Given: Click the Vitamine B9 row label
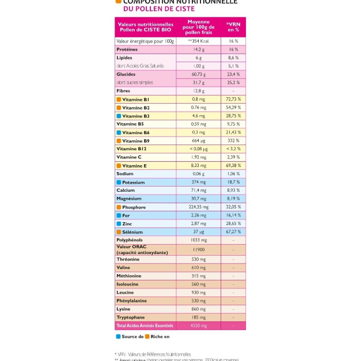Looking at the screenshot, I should point(135,140).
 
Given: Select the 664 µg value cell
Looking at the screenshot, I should point(199,140).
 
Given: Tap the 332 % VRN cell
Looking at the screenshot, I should point(233,140).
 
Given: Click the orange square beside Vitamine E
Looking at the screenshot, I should point(119,166).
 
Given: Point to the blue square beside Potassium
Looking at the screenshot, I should point(119,183).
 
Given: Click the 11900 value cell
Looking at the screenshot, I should point(199,250).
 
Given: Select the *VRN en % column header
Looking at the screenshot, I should point(233,27).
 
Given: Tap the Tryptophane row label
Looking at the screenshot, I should point(131,317).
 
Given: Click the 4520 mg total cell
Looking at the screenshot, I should point(199,326).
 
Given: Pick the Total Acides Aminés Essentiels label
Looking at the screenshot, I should point(144,326).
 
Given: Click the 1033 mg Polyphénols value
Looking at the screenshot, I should point(199,240).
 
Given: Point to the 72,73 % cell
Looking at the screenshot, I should point(233,99).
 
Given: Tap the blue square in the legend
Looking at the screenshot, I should point(118,336).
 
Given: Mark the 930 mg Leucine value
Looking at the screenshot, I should point(199,292).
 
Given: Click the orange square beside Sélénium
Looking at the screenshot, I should point(119,232).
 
